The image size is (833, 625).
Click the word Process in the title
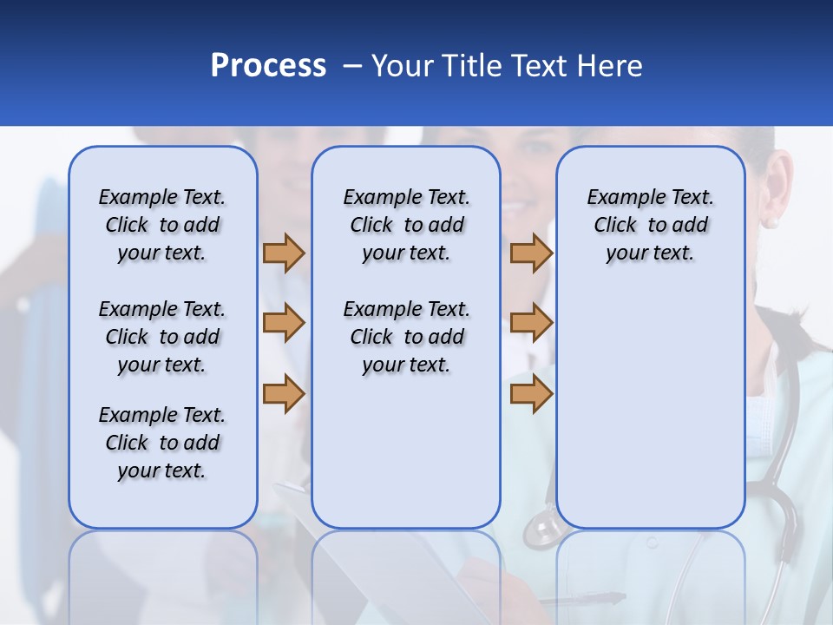tap(268, 66)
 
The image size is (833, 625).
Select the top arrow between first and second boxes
tap(284, 253)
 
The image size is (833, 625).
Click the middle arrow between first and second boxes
tap(284, 323)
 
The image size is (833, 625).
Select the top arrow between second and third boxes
tap(531, 253)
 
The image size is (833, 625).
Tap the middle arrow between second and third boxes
tap(531, 323)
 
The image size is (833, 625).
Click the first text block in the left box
tap(162, 225)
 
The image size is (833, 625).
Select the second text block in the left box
tap(162, 337)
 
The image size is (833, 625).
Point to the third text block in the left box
tap(162, 443)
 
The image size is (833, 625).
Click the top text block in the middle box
tap(406, 225)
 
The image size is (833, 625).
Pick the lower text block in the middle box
tap(406, 337)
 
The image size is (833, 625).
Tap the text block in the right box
tap(650, 225)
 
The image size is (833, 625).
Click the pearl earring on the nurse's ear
tap(771, 223)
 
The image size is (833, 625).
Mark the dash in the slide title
tap(352, 66)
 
